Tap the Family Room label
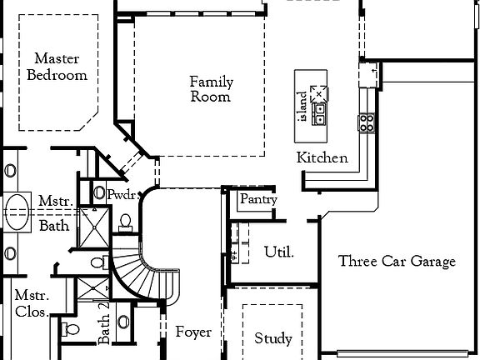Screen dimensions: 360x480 point(211,89)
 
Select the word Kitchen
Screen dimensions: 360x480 point(322,157)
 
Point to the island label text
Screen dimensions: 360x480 point(303,106)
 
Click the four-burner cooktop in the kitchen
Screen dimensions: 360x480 point(367,123)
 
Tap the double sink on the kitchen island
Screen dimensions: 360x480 point(320,113)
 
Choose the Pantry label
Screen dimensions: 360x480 point(258,200)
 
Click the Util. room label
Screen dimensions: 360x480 point(278,252)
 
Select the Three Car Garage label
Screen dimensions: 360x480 point(397,262)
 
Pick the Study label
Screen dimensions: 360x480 point(272,338)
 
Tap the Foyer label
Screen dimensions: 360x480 point(192,332)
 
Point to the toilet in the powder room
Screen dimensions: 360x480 point(126,222)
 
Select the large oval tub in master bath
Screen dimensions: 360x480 point(17,209)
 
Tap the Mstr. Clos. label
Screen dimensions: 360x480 point(32,305)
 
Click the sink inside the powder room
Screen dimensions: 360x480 point(100,193)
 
